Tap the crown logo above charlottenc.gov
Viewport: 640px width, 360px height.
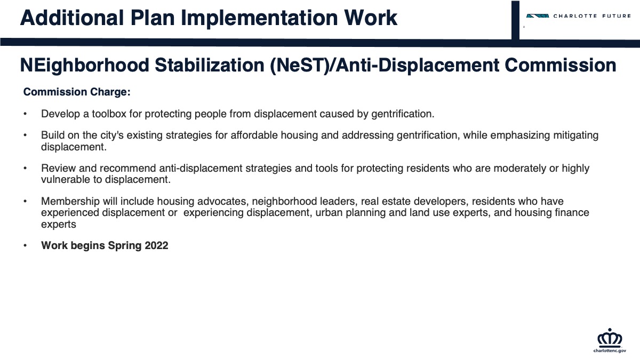(x=610, y=338)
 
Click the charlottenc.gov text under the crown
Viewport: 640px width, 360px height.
(x=610, y=350)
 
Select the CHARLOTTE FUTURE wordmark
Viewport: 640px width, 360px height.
(x=592, y=16)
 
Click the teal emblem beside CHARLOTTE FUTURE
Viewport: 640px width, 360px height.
(x=538, y=16)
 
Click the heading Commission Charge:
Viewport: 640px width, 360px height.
(x=77, y=92)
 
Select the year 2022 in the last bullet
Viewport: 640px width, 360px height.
(x=156, y=245)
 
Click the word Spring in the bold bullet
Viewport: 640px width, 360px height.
(x=125, y=246)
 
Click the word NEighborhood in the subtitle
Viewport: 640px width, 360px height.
(x=85, y=66)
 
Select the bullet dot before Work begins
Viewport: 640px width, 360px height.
(x=25, y=245)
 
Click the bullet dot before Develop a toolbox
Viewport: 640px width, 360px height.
(x=25, y=114)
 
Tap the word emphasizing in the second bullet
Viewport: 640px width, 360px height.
(x=520, y=135)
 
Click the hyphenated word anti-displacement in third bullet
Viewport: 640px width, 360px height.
(x=201, y=169)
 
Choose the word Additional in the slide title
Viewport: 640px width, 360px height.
(x=71, y=18)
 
